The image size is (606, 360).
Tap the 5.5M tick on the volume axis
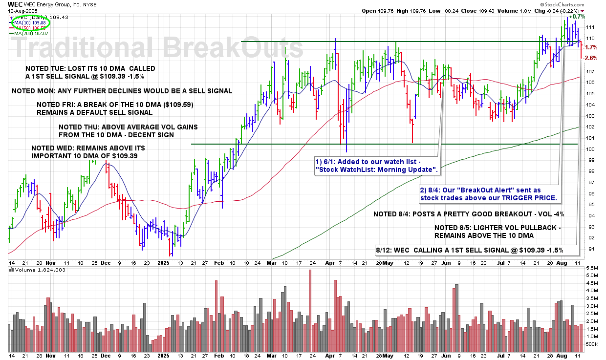(592, 268)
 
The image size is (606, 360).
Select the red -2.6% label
(591, 58)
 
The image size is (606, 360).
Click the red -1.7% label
(591, 47)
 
